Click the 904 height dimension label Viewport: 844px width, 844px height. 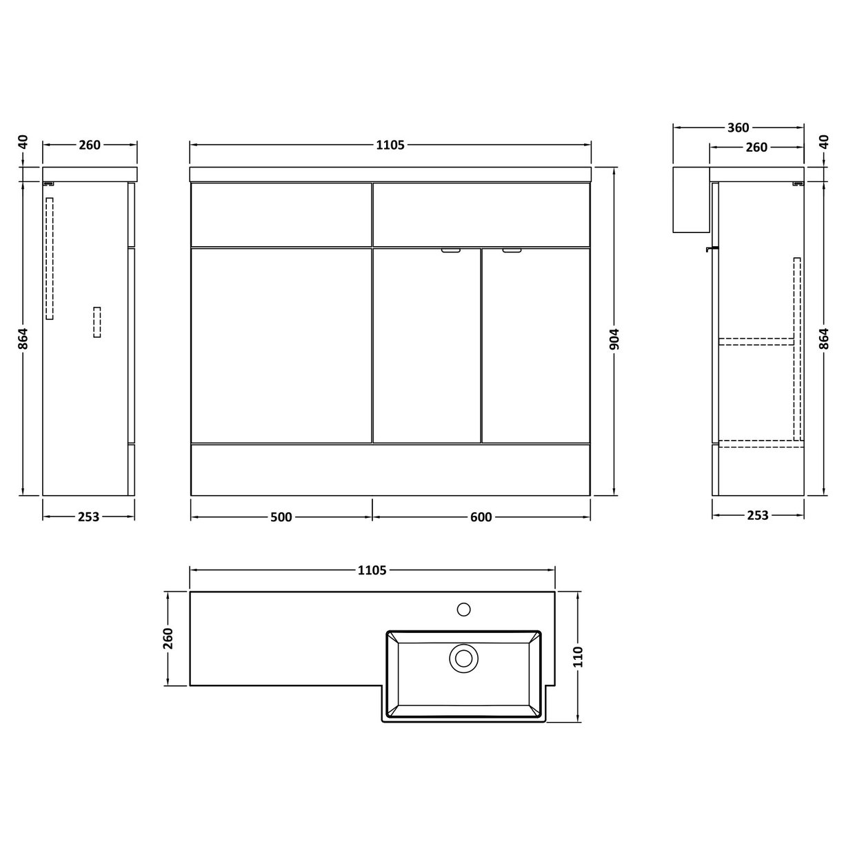click(616, 338)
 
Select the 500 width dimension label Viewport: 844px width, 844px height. click(281, 517)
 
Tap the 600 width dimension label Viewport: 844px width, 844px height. click(481, 517)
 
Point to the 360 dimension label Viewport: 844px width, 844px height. click(738, 128)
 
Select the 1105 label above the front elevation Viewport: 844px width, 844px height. click(390, 145)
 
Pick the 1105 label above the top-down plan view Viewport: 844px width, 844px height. click(372, 570)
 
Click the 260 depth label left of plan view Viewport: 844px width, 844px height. click(168, 639)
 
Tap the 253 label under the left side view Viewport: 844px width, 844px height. click(89, 516)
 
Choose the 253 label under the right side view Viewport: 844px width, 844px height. click(757, 515)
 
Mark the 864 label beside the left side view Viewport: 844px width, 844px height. click(23, 338)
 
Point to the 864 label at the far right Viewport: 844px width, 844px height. click(823, 338)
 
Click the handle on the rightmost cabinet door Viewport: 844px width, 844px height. click(512, 251)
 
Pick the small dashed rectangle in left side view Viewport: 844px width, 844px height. click(97, 322)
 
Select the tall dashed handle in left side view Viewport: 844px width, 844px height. click(49, 259)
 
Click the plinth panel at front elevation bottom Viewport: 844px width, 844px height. click(390, 470)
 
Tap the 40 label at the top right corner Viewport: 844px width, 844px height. click(823, 142)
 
